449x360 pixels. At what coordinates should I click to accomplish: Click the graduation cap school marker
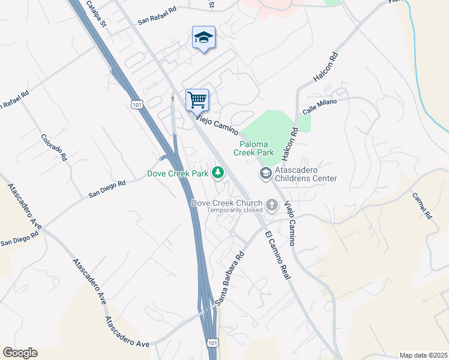point(204,38)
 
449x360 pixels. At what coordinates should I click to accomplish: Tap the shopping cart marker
point(197,100)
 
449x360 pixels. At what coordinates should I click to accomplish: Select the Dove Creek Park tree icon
point(217,173)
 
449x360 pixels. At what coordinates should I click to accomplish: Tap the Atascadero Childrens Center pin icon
point(265,173)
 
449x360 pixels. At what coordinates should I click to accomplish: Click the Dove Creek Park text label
point(178,174)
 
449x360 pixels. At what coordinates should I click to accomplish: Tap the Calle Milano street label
point(320,107)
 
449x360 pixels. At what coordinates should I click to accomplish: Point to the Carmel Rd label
point(422,205)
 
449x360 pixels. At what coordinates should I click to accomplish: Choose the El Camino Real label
point(277,255)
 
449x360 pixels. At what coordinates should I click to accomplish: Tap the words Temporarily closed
point(235,210)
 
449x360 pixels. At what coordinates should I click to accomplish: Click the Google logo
point(20,353)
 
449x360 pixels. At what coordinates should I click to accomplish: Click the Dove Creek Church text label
point(227,203)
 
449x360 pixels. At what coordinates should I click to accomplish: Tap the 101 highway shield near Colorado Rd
point(137,105)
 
